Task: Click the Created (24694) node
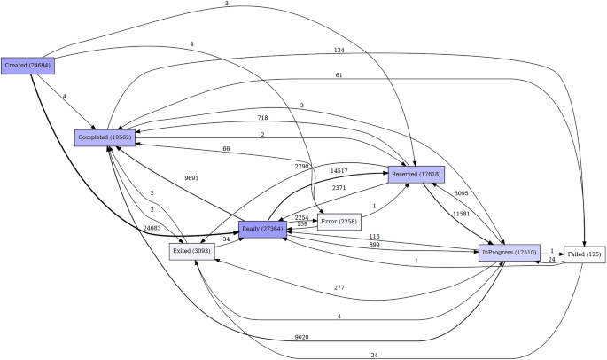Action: pyautogui.click(x=27, y=66)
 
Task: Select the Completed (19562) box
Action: pyautogui.click(x=105, y=137)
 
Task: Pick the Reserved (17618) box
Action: pyautogui.click(x=415, y=174)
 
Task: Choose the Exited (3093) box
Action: pyautogui.click(x=192, y=251)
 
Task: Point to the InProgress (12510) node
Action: pyautogui.click(x=510, y=254)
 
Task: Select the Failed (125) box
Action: pyautogui.click(x=585, y=255)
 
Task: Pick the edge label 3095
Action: pyautogui.click(x=462, y=193)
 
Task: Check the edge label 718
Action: pyautogui.click(x=262, y=118)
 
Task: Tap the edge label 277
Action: pyautogui.click(x=339, y=288)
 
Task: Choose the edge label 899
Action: pyautogui.click(x=374, y=245)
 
